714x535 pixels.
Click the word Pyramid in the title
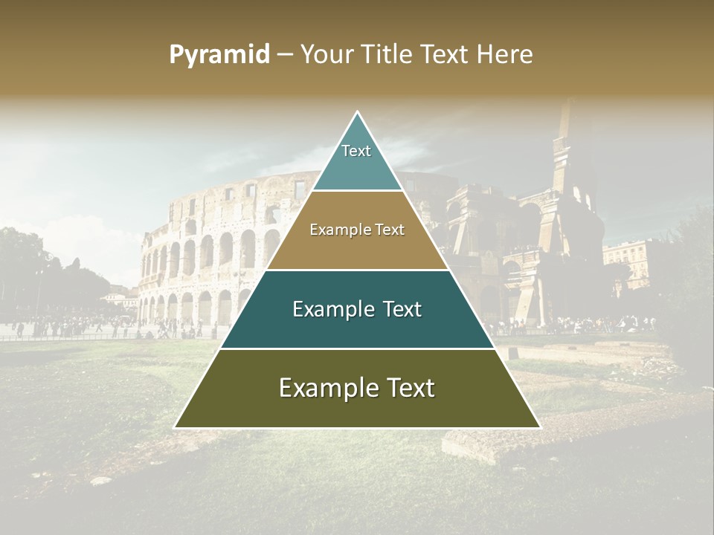[219, 55]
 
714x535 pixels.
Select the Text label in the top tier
[356, 151]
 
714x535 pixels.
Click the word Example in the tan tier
[339, 230]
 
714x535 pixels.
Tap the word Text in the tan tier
[389, 230]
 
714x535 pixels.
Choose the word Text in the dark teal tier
[400, 309]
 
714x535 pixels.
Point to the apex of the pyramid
[357, 112]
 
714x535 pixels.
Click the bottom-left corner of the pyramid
[176, 427]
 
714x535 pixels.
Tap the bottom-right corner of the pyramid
[539, 427]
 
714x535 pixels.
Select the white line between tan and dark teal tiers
[357, 270]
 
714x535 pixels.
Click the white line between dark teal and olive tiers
[357, 348]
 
